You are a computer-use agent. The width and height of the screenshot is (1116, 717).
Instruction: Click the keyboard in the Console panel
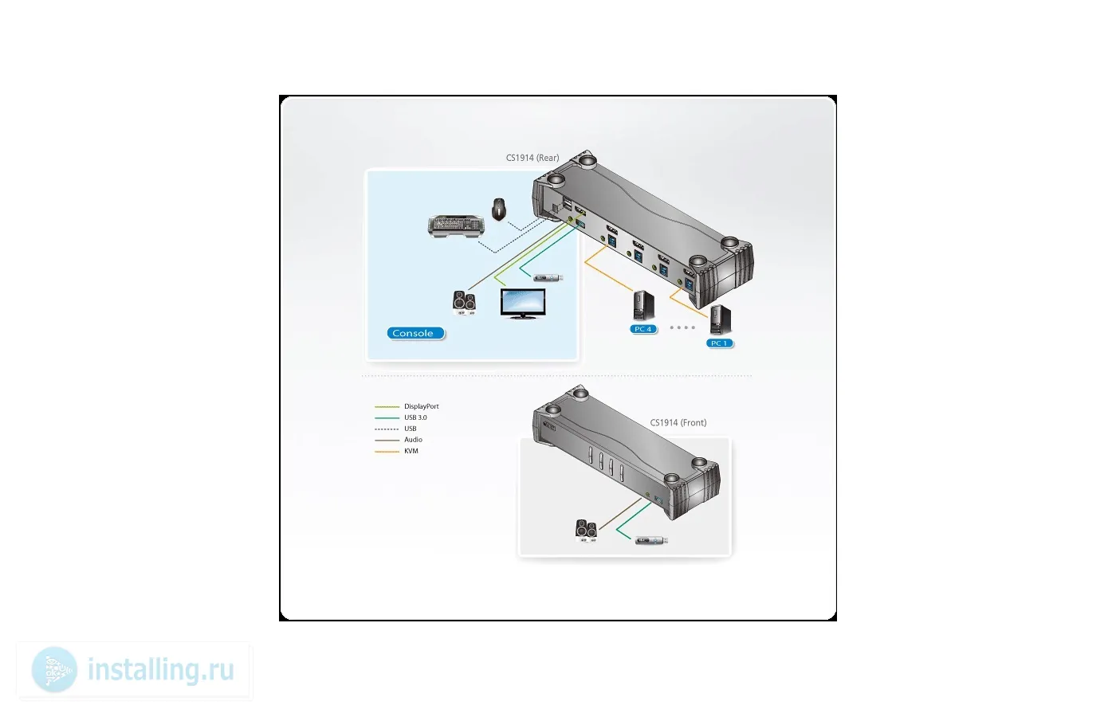(456, 226)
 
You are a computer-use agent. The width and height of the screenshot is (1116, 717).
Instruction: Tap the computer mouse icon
(499, 209)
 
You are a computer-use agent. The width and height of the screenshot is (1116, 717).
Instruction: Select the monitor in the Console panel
(523, 303)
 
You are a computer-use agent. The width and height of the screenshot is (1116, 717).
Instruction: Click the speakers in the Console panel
(464, 302)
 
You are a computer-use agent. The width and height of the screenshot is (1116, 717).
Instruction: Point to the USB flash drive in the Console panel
(548, 277)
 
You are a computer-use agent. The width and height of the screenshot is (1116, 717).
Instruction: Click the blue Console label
(415, 333)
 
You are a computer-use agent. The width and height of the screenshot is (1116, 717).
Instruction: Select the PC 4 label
(643, 328)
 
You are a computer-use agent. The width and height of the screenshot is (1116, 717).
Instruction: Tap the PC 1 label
(719, 343)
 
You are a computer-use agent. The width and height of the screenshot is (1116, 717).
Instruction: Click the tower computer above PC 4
(643, 305)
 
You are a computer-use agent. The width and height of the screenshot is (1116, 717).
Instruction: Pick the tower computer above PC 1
(720, 319)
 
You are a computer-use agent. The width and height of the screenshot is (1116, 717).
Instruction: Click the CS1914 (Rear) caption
(532, 158)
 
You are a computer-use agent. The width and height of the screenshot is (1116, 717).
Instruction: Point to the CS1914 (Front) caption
(678, 423)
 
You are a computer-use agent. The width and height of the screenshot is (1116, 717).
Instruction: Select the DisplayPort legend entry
(407, 406)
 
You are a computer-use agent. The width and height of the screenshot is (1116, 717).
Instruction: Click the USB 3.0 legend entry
(400, 417)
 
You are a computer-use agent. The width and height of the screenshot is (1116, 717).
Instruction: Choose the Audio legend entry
(399, 440)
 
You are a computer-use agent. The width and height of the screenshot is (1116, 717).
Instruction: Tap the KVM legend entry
(396, 451)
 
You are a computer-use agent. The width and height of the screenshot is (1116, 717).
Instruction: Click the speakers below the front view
(587, 531)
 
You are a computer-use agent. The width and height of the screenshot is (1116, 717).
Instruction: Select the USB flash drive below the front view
(651, 540)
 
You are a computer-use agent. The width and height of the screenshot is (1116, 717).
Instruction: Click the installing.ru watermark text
(160, 670)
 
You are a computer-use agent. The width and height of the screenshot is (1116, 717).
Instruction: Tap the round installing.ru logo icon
(54, 670)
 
